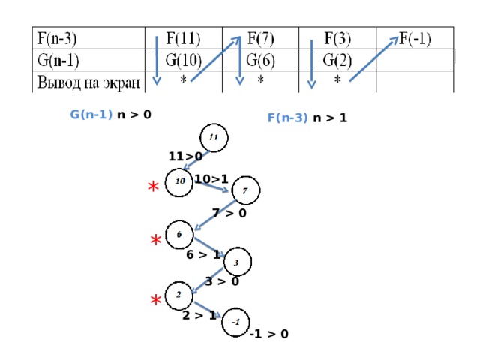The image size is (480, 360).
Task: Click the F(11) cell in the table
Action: coord(183,38)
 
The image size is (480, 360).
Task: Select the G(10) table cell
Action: coord(183,60)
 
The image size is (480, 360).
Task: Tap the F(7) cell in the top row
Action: coord(260,38)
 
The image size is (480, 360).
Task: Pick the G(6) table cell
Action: coord(260,60)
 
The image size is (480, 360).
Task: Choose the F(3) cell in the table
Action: coord(337,38)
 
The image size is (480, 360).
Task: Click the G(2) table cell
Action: coord(337,60)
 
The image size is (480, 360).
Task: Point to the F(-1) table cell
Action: coord(415,38)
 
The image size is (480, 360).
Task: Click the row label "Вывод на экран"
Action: coord(88,82)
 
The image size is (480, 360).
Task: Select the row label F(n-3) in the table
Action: coord(57,39)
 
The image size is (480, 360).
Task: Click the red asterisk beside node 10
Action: coord(153,186)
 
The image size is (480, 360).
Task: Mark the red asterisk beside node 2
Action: coord(156,300)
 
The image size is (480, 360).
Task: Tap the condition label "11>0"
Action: coord(185,157)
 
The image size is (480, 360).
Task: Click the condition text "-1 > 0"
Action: coord(269,334)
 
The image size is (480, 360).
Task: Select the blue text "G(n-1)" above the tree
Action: coord(91,115)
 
